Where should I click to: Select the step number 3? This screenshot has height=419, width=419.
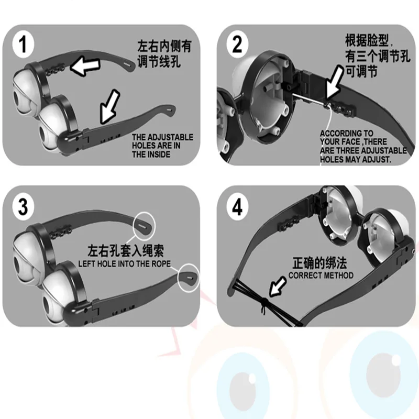tap(23, 206)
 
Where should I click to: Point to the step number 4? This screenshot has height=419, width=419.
tap(237, 207)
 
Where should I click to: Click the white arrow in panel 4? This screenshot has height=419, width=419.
tap(278, 288)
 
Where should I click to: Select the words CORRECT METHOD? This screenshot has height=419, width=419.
tap(321, 275)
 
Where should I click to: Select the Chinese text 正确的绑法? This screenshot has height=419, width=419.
tap(321, 263)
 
